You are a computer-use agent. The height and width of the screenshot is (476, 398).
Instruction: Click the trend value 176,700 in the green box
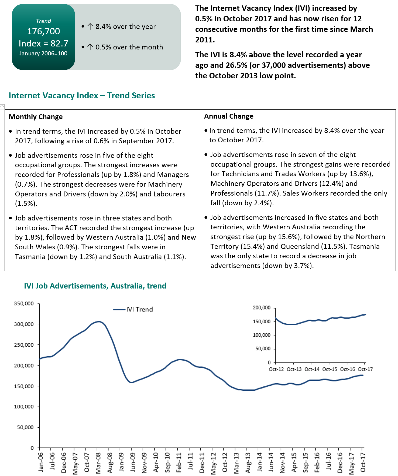(x=43, y=31)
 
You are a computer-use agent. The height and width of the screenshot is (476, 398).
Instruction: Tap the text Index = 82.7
(x=43, y=43)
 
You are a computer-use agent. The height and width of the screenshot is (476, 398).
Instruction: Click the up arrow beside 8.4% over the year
(x=90, y=26)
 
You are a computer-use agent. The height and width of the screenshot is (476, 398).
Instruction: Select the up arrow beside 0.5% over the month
(x=90, y=47)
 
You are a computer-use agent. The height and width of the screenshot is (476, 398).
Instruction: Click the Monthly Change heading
(x=36, y=117)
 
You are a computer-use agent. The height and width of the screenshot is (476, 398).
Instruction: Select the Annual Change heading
(x=229, y=116)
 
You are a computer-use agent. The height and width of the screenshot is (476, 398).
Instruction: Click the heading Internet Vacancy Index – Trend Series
(x=82, y=95)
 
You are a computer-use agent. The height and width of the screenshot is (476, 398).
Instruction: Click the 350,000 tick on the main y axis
(x=24, y=303)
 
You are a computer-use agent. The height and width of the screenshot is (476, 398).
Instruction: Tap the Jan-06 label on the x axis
(x=41, y=462)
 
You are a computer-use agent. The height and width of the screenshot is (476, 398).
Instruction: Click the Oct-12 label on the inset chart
(x=276, y=369)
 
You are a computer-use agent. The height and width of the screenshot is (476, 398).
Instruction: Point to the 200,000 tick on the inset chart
(x=262, y=307)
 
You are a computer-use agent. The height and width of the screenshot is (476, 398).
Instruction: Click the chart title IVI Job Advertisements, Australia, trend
(x=95, y=286)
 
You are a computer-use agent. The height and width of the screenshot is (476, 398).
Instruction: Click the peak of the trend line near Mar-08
(x=99, y=321)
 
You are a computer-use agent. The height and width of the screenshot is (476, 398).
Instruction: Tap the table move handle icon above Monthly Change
(x=2, y=107)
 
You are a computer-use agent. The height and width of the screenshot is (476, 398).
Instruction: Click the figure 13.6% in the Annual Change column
(x=360, y=174)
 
